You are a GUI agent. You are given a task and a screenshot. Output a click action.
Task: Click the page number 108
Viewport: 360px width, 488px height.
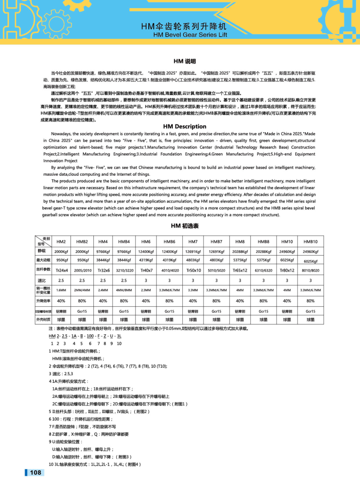[x=35, y=473]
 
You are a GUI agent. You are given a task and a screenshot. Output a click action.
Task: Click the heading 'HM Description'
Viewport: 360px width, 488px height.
[x=184, y=126]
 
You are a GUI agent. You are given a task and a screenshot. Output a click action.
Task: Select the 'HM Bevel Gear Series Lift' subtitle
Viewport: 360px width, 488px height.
[x=190, y=34]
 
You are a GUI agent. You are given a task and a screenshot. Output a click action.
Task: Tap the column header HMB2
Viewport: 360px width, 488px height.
[x=82, y=242]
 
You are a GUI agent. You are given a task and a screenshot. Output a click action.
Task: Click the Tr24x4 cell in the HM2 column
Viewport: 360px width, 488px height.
[x=61, y=270]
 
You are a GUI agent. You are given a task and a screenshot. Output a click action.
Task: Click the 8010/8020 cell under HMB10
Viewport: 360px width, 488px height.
[x=311, y=270]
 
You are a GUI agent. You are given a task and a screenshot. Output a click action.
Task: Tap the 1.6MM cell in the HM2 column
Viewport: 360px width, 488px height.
[x=61, y=290]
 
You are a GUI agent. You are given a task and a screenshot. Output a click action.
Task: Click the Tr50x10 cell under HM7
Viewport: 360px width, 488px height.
[x=193, y=270]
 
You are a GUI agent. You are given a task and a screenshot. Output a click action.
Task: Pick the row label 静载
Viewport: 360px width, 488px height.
[x=42, y=251]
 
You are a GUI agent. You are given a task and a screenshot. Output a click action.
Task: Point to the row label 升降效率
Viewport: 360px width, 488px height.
[x=42, y=301]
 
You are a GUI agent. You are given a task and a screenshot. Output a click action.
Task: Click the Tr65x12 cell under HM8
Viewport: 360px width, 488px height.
[x=240, y=270]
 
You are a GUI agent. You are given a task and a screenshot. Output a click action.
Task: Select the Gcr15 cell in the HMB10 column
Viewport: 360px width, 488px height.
[x=311, y=311]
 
